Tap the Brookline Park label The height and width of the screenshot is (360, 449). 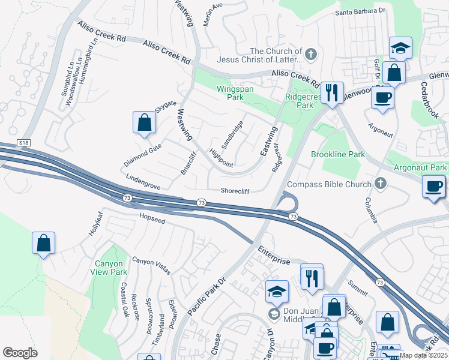click(338, 154)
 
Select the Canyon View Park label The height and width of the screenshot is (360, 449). click(109, 268)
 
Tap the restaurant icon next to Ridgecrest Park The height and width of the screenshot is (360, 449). click(331, 92)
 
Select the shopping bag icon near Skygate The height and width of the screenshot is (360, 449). click(144, 122)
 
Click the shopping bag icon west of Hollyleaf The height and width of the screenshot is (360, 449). click(44, 243)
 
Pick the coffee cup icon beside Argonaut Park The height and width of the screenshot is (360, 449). click(433, 186)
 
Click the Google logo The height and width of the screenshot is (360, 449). click(20, 353)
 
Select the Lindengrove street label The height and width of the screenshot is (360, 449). click(143, 182)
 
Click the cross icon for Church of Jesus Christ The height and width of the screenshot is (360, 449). click(310, 55)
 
